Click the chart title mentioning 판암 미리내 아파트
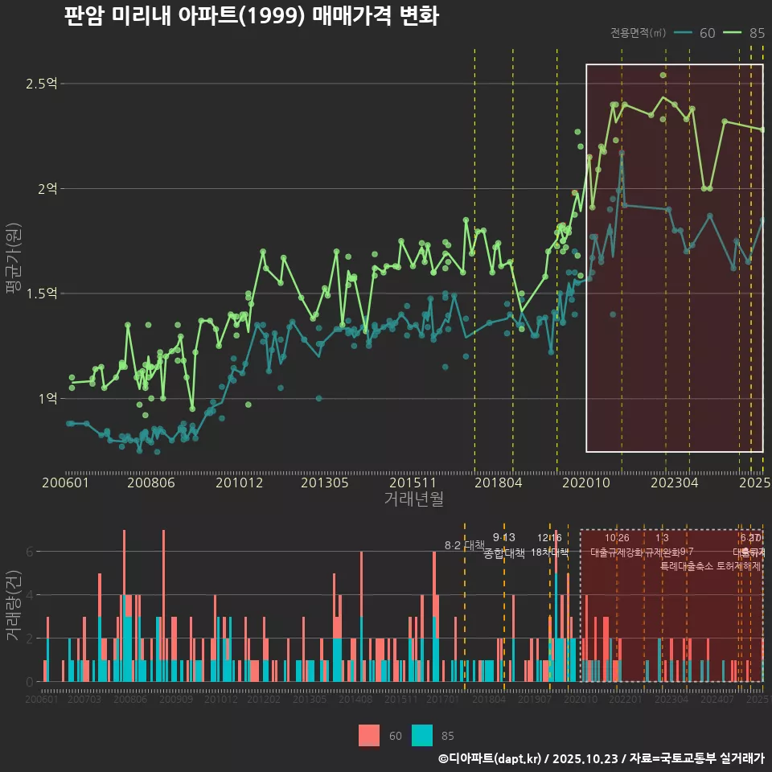(x=251, y=17)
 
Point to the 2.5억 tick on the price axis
(x=41, y=84)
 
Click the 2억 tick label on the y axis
(x=47, y=189)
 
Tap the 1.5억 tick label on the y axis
(x=41, y=294)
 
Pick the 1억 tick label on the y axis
(x=47, y=399)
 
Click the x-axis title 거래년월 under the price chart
(x=413, y=499)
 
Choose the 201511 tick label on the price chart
(x=413, y=483)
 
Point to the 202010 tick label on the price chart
(x=587, y=483)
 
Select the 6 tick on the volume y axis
(x=30, y=552)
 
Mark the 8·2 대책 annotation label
(x=470, y=545)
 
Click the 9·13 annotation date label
(x=504, y=537)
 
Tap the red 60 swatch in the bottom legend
(x=369, y=735)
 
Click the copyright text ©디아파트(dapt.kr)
(x=490, y=758)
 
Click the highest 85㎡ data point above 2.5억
(x=663, y=76)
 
